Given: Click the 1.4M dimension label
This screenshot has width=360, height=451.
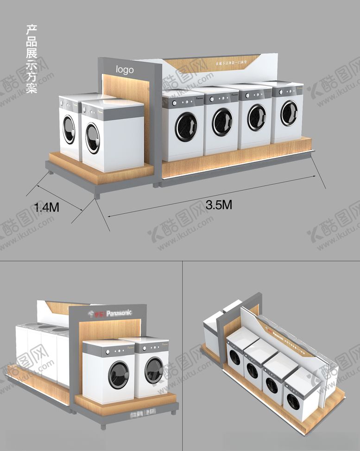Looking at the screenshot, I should pyautogui.click(x=47, y=209).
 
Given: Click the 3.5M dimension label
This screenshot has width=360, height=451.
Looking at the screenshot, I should pyautogui.click(x=219, y=205).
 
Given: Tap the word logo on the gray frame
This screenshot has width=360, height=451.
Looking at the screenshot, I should pyautogui.click(x=125, y=70).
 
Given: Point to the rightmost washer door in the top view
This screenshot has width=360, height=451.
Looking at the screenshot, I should pyautogui.click(x=289, y=113).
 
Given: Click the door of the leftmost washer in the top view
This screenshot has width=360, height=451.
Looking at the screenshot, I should pyautogui.click(x=69, y=129).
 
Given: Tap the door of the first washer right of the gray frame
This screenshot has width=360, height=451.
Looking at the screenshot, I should pyautogui.click(x=186, y=126).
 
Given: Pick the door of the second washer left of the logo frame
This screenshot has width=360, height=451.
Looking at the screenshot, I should pyautogui.click(x=93, y=138).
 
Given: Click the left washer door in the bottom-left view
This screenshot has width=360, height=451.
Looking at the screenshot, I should pyautogui.click(x=119, y=375).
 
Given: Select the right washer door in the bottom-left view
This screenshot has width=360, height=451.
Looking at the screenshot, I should pyautogui.click(x=154, y=370).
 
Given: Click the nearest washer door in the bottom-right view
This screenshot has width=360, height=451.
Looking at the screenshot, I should pyautogui.click(x=293, y=402).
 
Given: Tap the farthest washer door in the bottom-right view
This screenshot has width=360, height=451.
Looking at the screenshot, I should pyautogui.click(x=235, y=357).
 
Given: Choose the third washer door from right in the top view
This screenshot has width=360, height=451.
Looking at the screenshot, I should pyautogui.click(x=222, y=121).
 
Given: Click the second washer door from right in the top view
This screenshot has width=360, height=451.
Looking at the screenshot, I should pyautogui.click(x=256, y=117).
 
